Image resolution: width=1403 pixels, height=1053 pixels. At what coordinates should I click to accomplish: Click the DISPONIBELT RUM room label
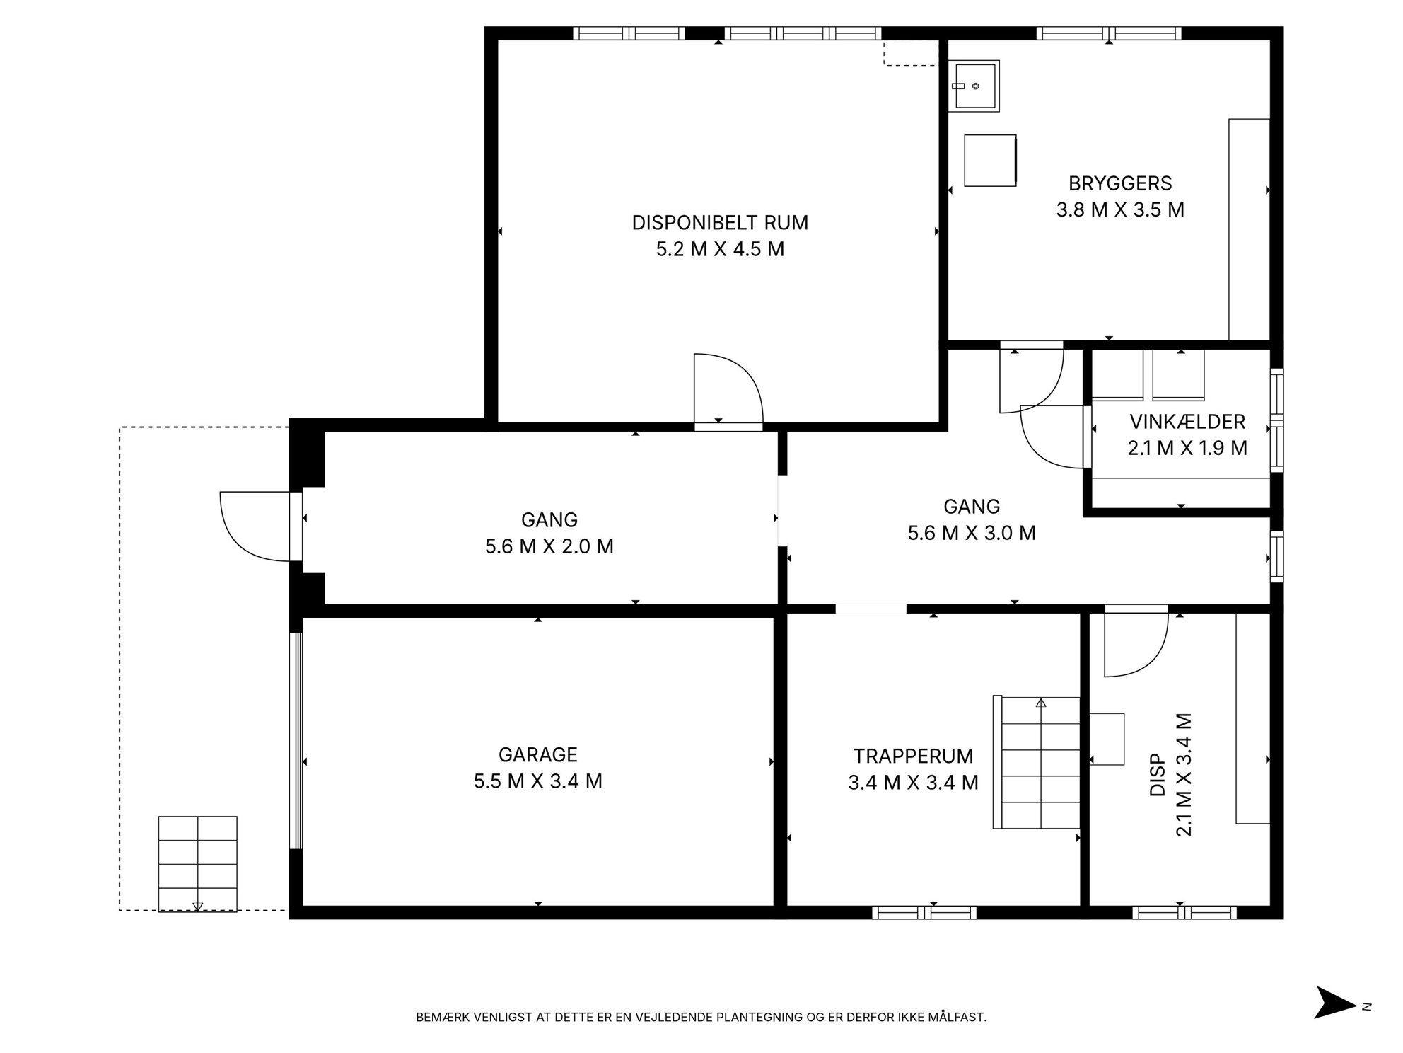(x=720, y=222)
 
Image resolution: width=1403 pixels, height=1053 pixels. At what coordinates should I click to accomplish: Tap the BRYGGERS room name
(x=1120, y=183)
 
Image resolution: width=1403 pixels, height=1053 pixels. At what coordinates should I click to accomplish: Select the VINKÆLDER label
(x=1187, y=422)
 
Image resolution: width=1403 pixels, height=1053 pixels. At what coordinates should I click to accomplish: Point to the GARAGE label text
(x=538, y=754)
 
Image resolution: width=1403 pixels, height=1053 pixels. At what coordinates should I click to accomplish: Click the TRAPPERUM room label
(x=913, y=756)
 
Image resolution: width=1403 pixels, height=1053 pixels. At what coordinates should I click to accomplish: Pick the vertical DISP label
(x=1158, y=774)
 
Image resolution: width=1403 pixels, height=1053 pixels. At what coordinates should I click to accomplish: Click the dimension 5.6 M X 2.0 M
(x=549, y=546)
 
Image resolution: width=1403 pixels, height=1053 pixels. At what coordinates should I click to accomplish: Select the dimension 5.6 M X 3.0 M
(x=972, y=533)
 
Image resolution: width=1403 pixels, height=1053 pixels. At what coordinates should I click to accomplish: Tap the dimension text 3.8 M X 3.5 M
(x=1120, y=210)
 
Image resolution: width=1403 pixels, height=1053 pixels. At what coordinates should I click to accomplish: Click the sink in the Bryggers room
(x=974, y=86)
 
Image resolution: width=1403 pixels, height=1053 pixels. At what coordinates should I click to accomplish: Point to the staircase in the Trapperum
(x=1037, y=762)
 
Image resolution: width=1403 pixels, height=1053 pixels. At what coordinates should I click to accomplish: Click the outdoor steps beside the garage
(x=197, y=863)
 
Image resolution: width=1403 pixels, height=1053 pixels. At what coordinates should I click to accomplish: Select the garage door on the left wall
(x=296, y=740)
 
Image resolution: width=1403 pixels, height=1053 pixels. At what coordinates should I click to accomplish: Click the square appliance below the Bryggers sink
(x=991, y=161)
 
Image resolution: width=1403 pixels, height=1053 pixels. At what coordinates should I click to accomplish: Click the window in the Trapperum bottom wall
(x=924, y=913)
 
